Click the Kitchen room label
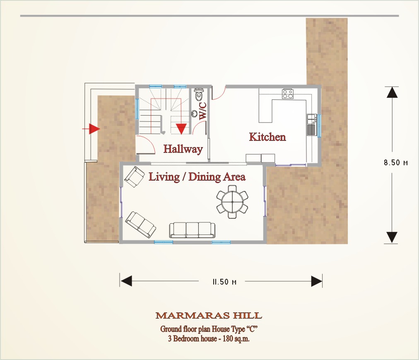[267, 137]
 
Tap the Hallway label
[183, 149]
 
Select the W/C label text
[203, 111]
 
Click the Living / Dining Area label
[197, 177]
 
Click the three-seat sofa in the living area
[192, 230]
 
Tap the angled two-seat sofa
[141, 225]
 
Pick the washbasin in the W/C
[194, 114]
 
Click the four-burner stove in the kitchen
[287, 94]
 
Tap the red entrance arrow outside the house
[91, 129]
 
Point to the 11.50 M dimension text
[224, 282]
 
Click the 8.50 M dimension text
[396, 163]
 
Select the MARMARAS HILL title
[209, 316]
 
